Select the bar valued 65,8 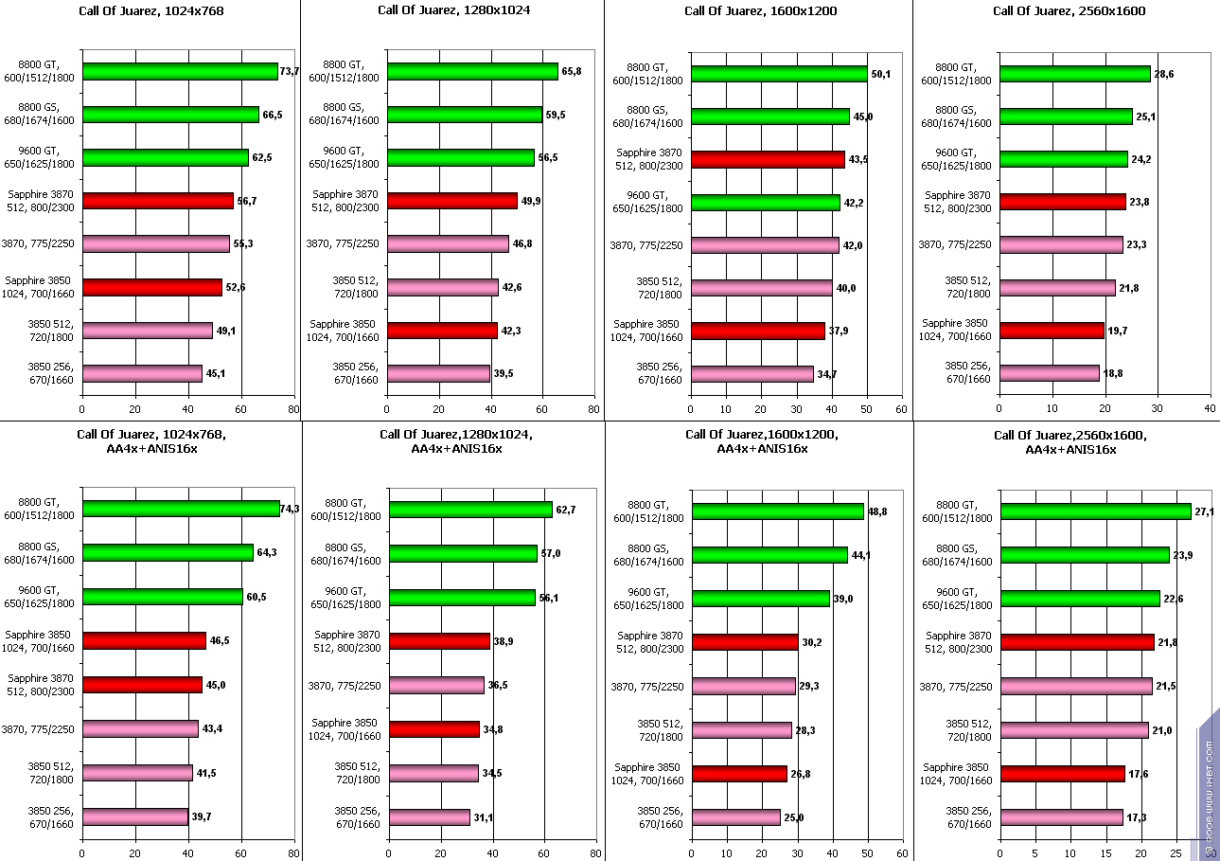tap(472, 72)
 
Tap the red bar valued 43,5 tap(768, 159)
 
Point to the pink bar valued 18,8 tap(1050, 373)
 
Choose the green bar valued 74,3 tap(181, 509)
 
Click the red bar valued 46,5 tap(144, 640)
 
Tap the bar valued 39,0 tap(761, 599)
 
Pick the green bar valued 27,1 tap(1095, 511)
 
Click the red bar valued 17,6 tap(1062, 774)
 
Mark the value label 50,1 tap(881, 73)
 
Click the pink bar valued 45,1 tap(142, 373)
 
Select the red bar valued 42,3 tap(442, 331)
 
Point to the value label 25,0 tap(795, 817)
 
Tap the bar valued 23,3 tap(1061, 244)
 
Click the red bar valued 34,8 tap(434, 729)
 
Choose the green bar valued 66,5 tap(170, 115)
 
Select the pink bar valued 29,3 tap(743, 686)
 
